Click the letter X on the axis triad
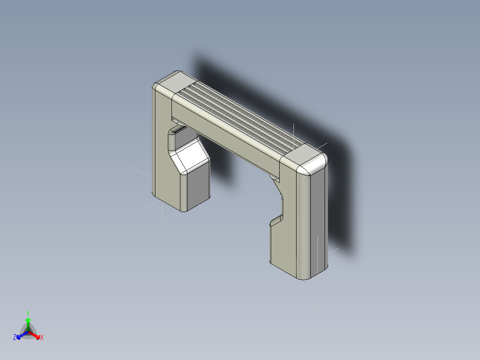point(42,338)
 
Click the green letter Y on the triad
point(28,313)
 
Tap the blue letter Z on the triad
point(15,338)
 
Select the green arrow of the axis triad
point(28,323)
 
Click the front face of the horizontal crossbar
point(223,134)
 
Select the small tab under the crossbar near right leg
point(274,178)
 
